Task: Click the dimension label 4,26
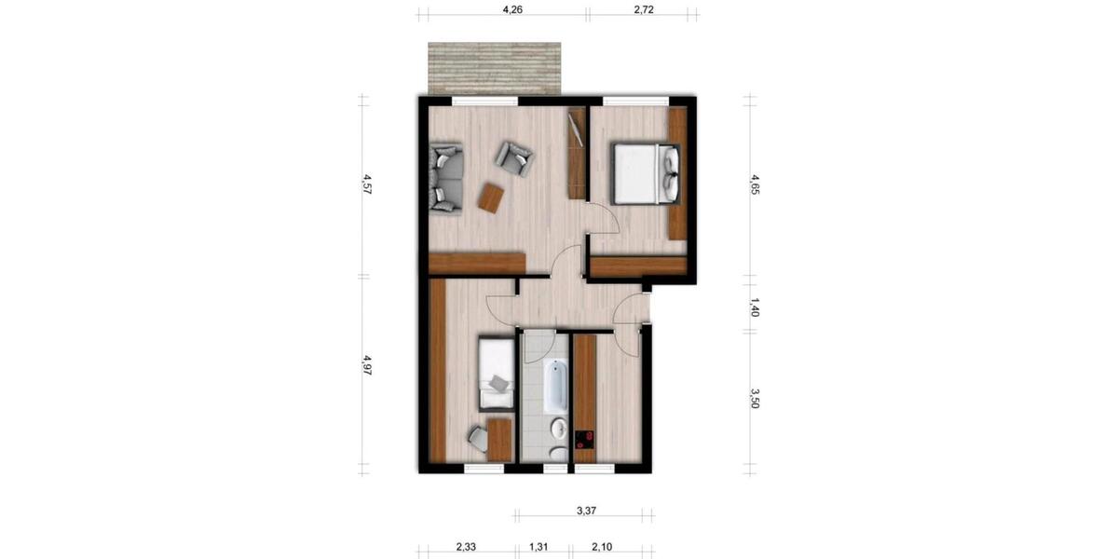point(511,11)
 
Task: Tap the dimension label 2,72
point(644,11)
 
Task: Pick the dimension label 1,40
point(754,309)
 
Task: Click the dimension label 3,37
point(586,510)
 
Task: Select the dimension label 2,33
point(467,548)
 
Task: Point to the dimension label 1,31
point(539,548)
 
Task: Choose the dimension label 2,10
point(602,548)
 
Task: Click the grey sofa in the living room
point(445,178)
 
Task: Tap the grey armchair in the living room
point(513,157)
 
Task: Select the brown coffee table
point(490,197)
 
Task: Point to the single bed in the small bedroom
point(496,375)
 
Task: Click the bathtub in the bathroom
point(554,387)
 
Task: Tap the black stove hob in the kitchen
point(585,440)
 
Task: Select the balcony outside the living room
point(494,68)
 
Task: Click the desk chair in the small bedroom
point(477,436)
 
